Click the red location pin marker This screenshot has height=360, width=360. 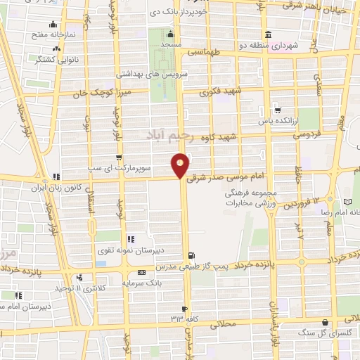pos(180,165)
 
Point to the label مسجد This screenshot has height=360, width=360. pos(171,44)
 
